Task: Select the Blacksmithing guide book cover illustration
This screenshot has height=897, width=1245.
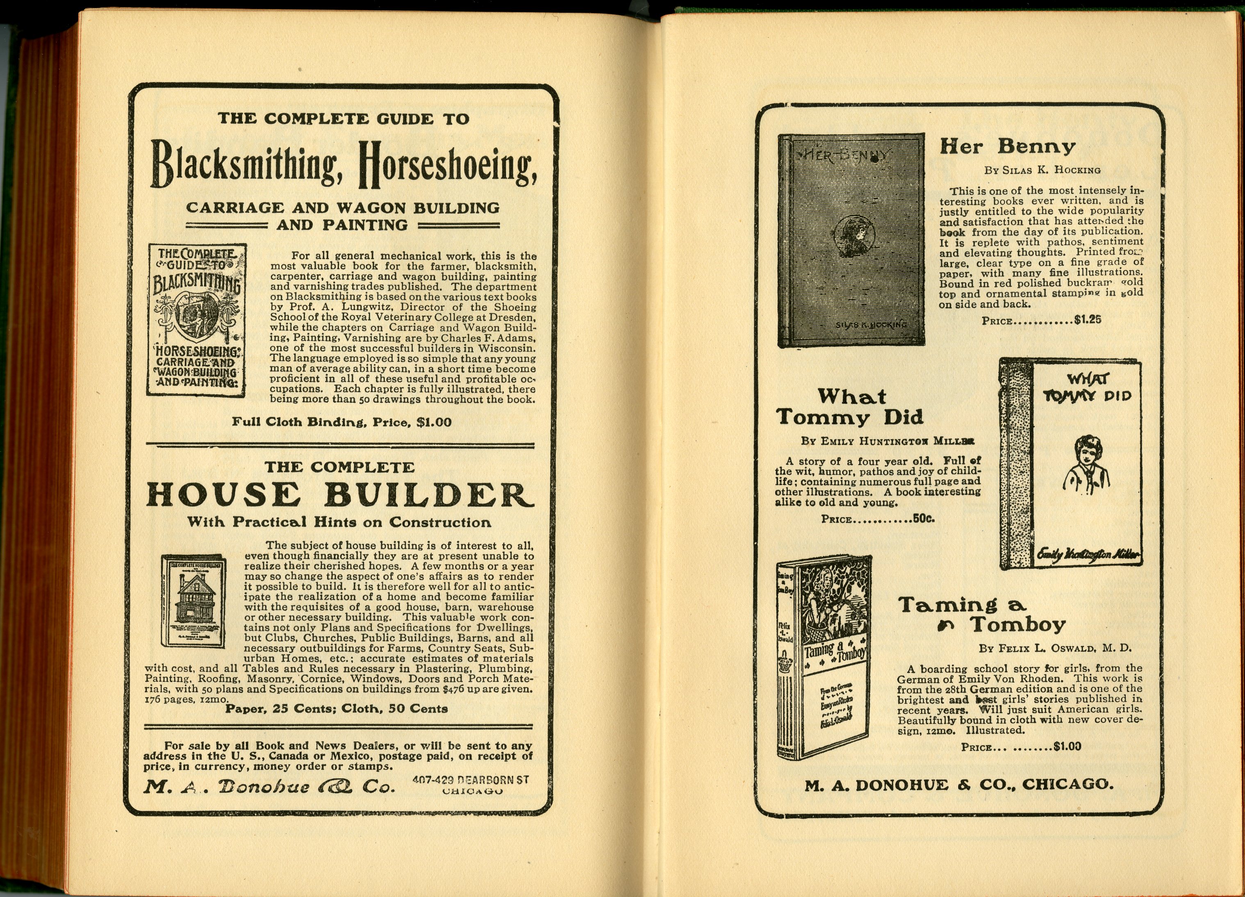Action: (x=196, y=319)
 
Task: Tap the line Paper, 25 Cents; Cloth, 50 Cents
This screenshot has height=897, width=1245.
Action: (x=337, y=709)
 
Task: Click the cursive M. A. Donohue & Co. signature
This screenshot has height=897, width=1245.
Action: (x=269, y=787)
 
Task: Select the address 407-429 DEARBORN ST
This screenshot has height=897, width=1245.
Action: (x=470, y=779)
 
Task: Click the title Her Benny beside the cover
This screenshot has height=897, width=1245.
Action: (x=1007, y=147)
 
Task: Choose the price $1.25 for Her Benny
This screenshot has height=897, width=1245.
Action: (x=1088, y=319)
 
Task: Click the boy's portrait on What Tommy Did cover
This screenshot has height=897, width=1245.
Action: (x=1085, y=464)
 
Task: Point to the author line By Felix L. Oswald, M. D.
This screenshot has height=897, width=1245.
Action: (x=1055, y=648)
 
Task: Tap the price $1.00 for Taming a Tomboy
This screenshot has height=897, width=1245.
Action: (x=1067, y=747)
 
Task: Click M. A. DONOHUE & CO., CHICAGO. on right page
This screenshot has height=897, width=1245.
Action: (x=959, y=784)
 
